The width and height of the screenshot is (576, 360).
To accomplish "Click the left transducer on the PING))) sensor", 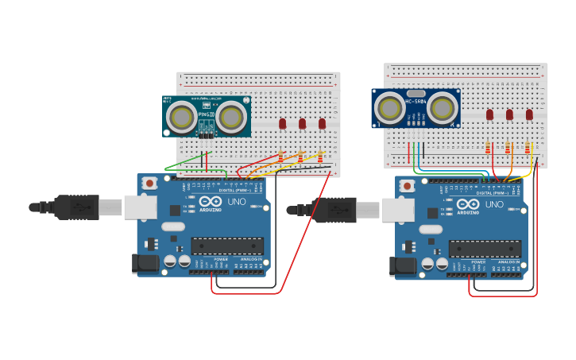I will coord(183,118).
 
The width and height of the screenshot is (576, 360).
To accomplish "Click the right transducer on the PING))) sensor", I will coord(232,118).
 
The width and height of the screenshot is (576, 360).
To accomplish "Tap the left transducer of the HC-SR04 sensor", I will coord(390,108).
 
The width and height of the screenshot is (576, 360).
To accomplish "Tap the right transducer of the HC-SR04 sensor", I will coord(442,108).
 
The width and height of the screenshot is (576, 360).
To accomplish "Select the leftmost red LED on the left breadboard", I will coord(282,123).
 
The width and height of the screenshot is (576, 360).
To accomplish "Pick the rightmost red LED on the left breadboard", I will coord(322,123).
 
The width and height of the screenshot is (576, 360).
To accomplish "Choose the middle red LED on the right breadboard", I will coord(509,114).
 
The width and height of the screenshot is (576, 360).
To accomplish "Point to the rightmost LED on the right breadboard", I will coord(529,114).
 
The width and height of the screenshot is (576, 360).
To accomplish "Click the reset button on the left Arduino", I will coord(149,184).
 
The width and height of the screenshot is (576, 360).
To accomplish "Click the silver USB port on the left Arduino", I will coord(140,207).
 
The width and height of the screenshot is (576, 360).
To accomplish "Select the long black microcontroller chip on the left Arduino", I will coord(226,246).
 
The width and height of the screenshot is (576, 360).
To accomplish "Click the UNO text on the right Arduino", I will coord(494,204).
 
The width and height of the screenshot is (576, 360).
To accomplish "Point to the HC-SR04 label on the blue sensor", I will coord(416,101).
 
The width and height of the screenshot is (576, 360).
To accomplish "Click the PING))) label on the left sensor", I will coord(206,114).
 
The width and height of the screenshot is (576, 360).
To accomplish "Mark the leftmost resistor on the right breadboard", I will coord(487,147).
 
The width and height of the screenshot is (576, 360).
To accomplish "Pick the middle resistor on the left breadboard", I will coord(300,157).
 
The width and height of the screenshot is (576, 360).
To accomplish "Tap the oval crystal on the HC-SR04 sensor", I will coord(416,93).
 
